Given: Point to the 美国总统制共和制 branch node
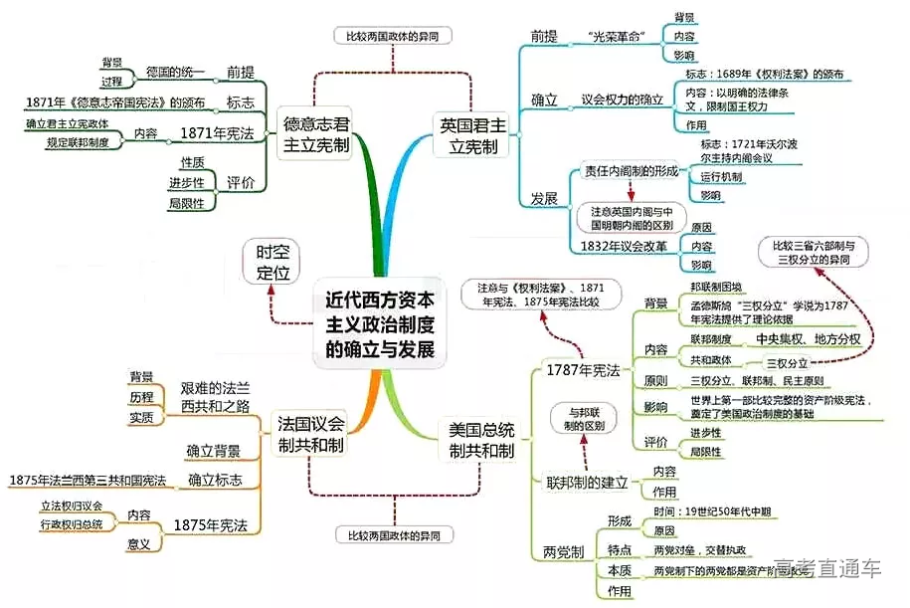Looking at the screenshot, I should point(481,439).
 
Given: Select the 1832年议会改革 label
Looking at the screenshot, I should point(625,246).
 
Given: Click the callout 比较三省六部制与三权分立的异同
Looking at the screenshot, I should point(813,252).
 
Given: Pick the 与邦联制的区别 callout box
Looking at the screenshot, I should point(586,417).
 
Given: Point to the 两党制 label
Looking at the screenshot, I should point(563,552).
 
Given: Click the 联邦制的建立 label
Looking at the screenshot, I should point(587,483).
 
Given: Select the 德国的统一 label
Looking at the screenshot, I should point(175,73).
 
